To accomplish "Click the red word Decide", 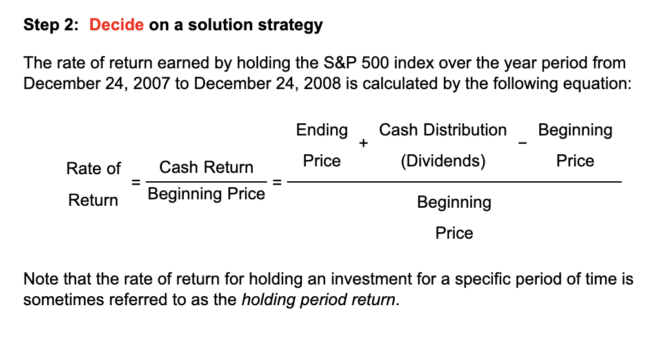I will [x=117, y=25].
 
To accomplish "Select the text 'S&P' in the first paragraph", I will [x=339, y=63].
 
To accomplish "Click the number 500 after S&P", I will [x=374, y=63].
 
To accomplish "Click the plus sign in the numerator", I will [x=364, y=143].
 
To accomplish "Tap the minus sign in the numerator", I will [x=523, y=143].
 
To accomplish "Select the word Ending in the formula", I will [x=322, y=130].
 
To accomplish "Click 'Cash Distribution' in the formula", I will [x=443, y=130].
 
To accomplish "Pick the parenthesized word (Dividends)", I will [x=443, y=161].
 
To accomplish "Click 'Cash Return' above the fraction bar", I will [x=206, y=168].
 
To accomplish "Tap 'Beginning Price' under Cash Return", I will [x=206, y=194].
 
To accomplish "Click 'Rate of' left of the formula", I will [x=93, y=169].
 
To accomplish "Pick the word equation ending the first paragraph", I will [x=593, y=84].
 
